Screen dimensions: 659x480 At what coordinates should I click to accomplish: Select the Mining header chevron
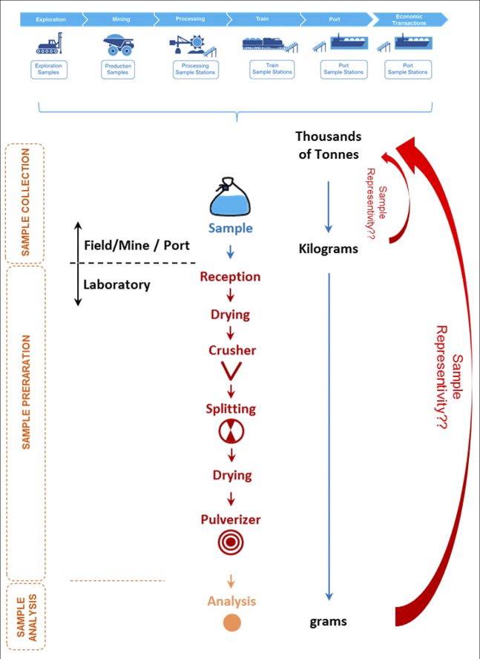120,19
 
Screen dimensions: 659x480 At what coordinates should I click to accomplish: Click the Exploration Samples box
50,70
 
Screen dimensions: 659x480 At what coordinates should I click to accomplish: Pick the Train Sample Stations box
272,69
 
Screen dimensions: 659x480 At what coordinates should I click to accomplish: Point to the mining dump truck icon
119,45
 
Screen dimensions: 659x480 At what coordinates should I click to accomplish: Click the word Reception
230,277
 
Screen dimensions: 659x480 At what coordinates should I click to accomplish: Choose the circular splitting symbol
230,432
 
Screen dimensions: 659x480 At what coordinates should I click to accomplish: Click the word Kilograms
328,249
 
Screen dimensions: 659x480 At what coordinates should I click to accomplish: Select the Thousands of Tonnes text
328,145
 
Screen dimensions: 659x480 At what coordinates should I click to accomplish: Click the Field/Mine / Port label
137,245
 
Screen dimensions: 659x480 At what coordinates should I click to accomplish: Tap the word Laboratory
116,284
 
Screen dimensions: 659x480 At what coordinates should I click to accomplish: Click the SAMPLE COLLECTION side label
25,203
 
